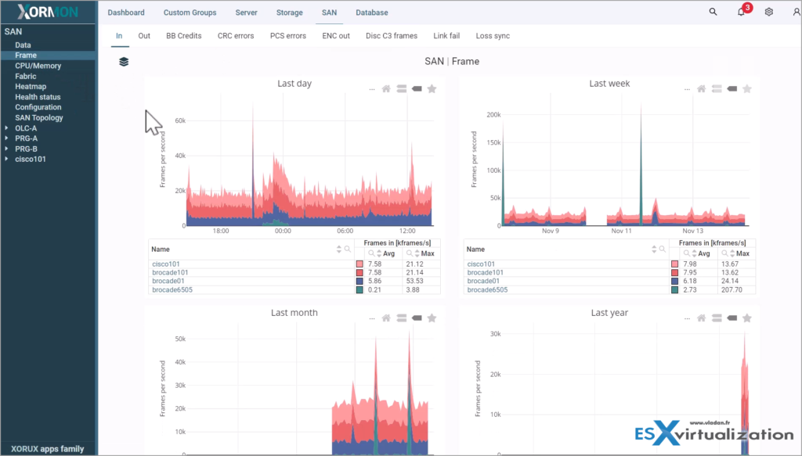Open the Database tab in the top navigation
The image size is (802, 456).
point(371,13)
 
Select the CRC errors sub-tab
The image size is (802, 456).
point(236,36)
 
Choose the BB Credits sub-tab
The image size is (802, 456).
point(183,36)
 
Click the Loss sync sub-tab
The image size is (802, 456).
point(493,36)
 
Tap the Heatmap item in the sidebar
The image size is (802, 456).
point(30,87)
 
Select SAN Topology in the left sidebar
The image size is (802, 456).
point(38,118)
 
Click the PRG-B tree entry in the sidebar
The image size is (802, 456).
point(26,149)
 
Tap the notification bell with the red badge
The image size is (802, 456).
point(741,13)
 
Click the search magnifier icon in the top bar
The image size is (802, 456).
point(713,13)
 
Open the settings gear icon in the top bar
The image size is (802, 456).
point(769,13)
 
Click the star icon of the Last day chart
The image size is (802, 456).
point(432,89)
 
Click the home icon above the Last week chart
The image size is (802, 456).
point(701,89)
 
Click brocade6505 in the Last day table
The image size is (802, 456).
point(172,289)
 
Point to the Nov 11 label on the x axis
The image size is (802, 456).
point(622,232)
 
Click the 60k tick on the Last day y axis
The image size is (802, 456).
point(179,121)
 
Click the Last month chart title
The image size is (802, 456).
point(294,313)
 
